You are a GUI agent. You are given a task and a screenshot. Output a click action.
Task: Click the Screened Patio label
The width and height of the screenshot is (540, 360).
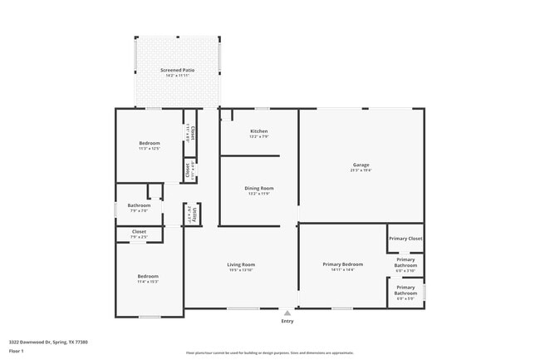pyautogui.click(x=177, y=70)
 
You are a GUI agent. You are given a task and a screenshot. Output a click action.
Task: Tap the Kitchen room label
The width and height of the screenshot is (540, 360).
pyautogui.click(x=258, y=131)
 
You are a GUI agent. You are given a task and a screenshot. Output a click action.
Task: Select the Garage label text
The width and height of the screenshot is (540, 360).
pyautogui.click(x=361, y=165)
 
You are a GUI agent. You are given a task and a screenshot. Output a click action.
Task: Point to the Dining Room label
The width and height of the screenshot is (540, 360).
pyautogui.click(x=258, y=188)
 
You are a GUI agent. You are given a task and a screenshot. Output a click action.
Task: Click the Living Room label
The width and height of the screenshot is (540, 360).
pyautogui.click(x=241, y=264)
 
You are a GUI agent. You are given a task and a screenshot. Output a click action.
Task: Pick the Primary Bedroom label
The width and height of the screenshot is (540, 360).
pyautogui.click(x=342, y=264)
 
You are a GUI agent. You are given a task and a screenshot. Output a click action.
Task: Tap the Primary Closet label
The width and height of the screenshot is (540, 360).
pyautogui.click(x=405, y=239)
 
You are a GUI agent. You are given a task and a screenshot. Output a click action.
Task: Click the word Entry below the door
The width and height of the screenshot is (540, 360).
pyautogui.click(x=287, y=321)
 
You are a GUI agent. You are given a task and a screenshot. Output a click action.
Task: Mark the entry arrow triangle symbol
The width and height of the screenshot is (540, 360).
pyautogui.click(x=287, y=313)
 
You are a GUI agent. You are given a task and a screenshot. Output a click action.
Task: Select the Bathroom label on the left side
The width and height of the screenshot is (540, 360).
pyautogui.click(x=139, y=205)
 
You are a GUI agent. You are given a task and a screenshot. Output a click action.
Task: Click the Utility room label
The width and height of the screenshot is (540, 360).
pyautogui.click(x=190, y=214)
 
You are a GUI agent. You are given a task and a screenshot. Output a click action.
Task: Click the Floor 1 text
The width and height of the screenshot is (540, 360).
pyautogui.click(x=17, y=352)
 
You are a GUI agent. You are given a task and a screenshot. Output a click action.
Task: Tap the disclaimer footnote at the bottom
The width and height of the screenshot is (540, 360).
pyautogui.click(x=270, y=353)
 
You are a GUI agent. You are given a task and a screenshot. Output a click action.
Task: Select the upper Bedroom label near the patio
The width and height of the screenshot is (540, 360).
pyautogui.click(x=149, y=143)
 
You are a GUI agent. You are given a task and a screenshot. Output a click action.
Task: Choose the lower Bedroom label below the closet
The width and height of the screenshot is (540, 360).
pyautogui.click(x=148, y=276)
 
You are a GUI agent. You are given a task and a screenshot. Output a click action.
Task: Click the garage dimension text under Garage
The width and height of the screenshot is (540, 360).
pyautogui.click(x=361, y=170)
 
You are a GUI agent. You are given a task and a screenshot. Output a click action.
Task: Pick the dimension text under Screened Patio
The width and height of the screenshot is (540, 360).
pyautogui.click(x=177, y=75)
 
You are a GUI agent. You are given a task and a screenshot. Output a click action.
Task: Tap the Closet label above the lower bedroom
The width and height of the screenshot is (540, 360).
pyautogui.click(x=139, y=232)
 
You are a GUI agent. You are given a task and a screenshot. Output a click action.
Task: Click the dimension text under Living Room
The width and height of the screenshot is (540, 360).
pyautogui.click(x=241, y=269)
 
